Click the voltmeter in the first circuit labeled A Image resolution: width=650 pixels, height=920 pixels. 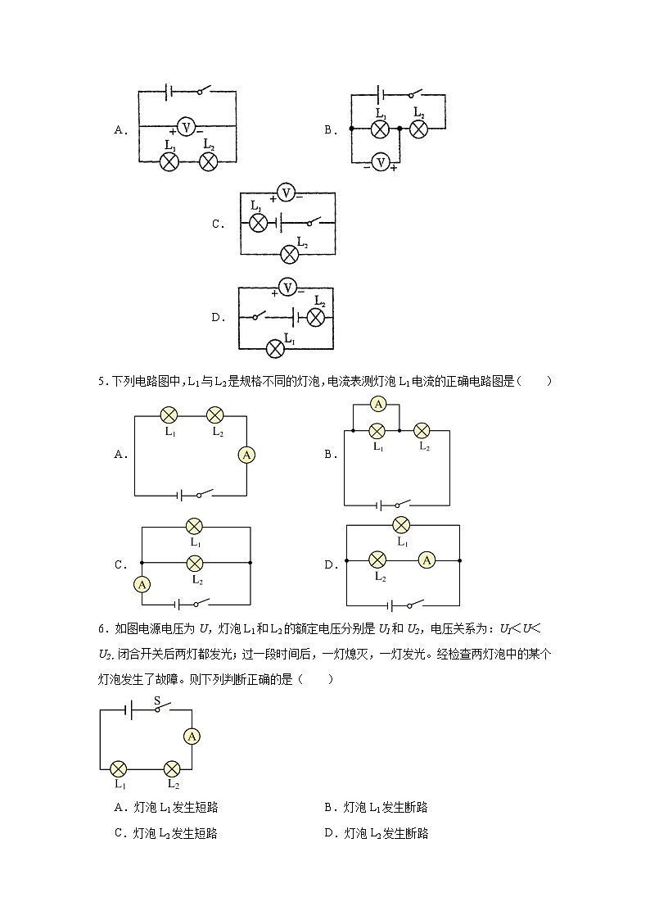[x=186, y=127]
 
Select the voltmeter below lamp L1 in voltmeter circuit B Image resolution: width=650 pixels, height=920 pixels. [x=379, y=161]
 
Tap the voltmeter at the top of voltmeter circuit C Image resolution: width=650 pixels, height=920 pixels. [x=284, y=193]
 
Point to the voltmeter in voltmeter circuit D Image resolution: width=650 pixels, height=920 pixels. [x=286, y=287]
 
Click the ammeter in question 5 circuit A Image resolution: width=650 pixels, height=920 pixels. [x=246, y=455]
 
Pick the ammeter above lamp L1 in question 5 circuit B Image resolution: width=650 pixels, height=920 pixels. [x=377, y=404]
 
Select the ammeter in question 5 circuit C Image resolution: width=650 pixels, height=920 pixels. [x=142, y=584]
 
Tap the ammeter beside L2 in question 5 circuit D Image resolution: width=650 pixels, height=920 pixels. [x=426, y=560]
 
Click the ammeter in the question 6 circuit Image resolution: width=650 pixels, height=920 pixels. [x=192, y=736]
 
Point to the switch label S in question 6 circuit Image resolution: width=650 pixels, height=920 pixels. [x=157, y=700]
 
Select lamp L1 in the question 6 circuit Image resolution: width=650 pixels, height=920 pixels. [x=119, y=768]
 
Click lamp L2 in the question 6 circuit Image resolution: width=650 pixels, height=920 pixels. [x=172, y=768]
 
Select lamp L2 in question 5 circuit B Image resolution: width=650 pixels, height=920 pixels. [x=422, y=430]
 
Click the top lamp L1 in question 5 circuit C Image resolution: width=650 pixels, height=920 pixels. [x=195, y=527]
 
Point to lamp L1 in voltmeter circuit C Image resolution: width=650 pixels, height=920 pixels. [x=258, y=223]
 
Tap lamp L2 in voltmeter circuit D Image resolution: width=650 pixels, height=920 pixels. [x=316, y=318]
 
